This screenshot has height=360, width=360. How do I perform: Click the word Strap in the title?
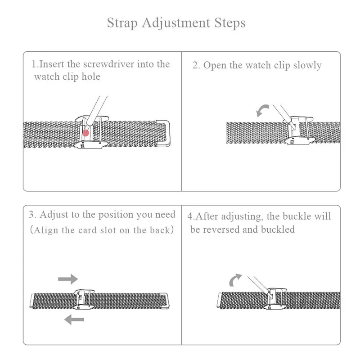pyautogui.click(x=122, y=23)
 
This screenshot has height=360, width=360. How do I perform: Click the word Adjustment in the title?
pyautogui.click(x=176, y=23)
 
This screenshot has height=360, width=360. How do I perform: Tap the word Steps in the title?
pyautogui.click(x=230, y=23)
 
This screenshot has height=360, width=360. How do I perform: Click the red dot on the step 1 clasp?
pyautogui.click(x=85, y=133)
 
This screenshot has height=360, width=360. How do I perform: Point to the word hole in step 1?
pyautogui.click(x=91, y=76)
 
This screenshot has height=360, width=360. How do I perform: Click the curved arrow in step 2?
pyautogui.click(x=262, y=111)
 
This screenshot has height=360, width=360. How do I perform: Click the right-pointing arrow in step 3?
pyautogui.click(x=68, y=279)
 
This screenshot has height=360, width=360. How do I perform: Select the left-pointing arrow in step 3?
pyautogui.click(x=74, y=319)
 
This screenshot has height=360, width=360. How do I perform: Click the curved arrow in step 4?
pyautogui.click(x=235, y=280)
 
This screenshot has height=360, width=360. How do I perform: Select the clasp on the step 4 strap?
pyautogui.click(x=275, y=298)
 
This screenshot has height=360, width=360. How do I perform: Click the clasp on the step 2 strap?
pyautogui.click(x=298, y=130)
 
